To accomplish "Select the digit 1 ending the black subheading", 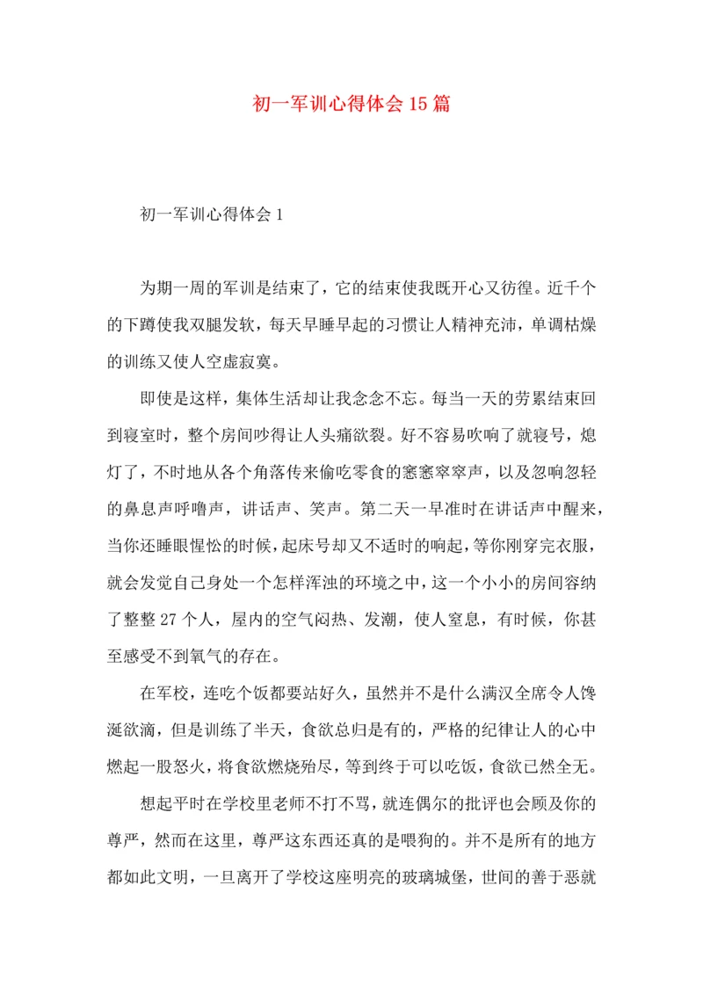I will (279, 214).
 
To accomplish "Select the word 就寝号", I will (533, 434).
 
